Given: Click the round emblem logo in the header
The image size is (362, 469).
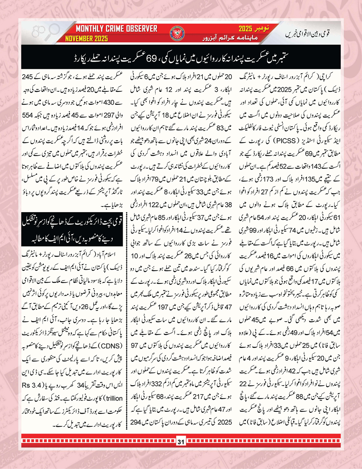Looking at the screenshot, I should pyautogui.click(x=177, y=33).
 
